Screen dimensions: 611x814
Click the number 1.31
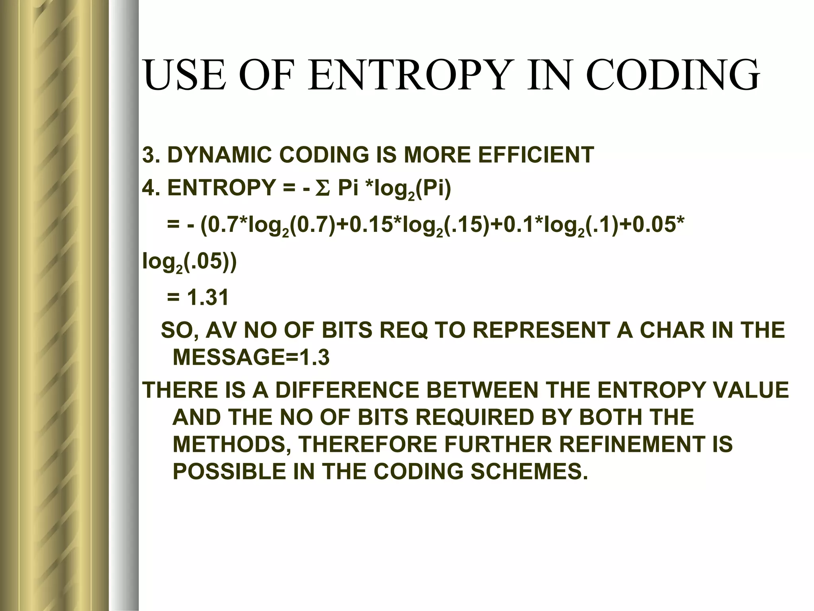pos(208,297)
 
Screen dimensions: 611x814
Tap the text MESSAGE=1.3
pos(251,358)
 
